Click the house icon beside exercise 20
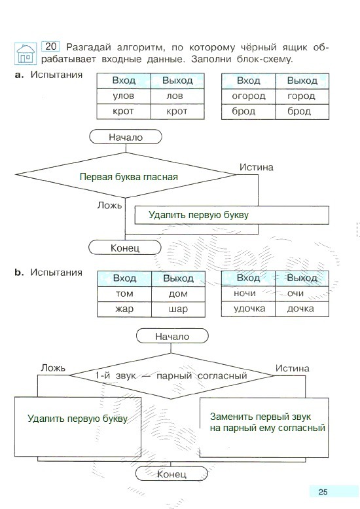point(26,53)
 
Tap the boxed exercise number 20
point(50,47)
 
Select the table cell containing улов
point(124,96)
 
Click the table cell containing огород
point(249,96)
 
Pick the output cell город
point(302,96)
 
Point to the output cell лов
point(177,96)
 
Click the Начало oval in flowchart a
point(126,137)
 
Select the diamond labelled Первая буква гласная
point(126,175)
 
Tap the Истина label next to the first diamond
point(256,167)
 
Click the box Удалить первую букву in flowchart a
point(232,215)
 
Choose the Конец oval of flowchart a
point(125,248)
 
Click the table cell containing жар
point(124,309)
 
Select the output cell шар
point(179,309)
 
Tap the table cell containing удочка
point(249,309)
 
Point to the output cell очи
point(302,293)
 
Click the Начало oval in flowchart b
point(172,336)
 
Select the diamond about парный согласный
point(171,375)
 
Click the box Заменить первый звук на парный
point(264,428)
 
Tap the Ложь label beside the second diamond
point(53,368)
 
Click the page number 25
point(323,492)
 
